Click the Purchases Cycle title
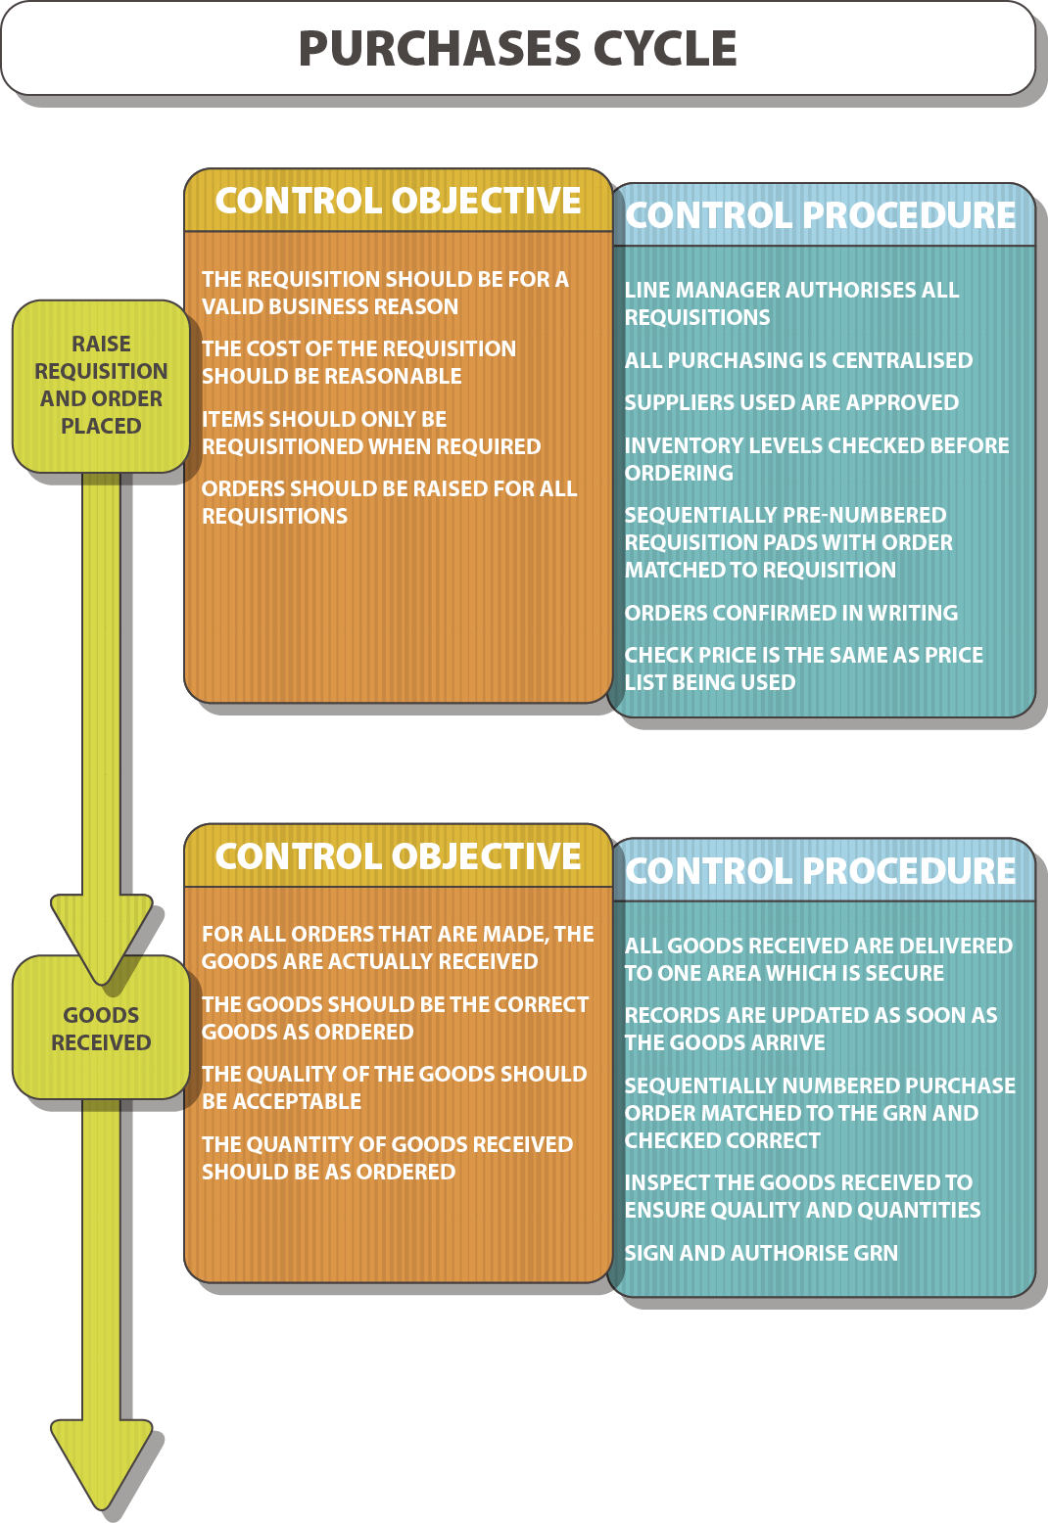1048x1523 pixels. [517, 49]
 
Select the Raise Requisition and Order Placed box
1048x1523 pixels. [101, 386]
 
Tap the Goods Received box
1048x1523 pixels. [101, 1029]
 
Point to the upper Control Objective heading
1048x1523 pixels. [398, 201]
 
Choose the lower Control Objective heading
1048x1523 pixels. [398, 856]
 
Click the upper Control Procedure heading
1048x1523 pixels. [821, 215]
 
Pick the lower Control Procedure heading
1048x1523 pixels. [821, 871]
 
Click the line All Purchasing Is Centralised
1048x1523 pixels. [798, 360]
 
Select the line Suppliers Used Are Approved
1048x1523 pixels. [791, 402]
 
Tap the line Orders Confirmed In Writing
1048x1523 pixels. [791, 613]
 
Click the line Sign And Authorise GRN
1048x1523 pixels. [761, 1253]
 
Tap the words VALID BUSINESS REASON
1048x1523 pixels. [330, 306]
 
